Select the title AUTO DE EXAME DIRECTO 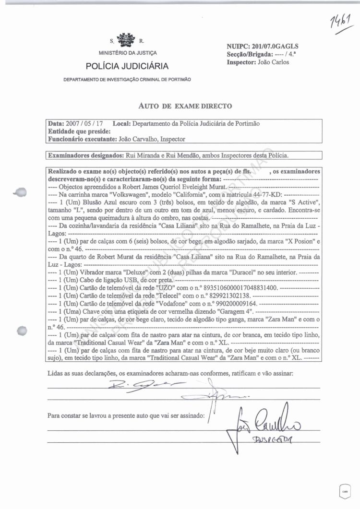[185, 106]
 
